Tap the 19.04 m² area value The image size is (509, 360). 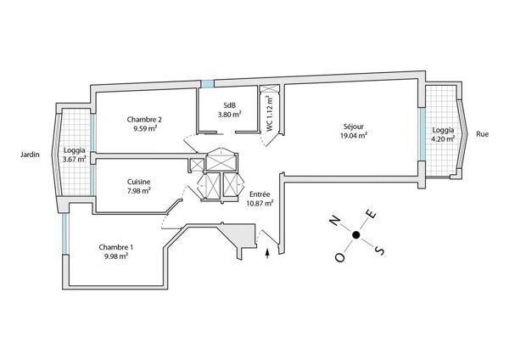[353, 135]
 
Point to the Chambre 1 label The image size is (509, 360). [115, 246]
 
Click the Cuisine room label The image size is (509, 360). [139, 181]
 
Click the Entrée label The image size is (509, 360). [260, 194]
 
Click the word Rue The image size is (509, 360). [483, 134]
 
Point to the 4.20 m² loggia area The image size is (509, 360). [442, 139]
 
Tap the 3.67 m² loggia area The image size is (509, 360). [75, 160]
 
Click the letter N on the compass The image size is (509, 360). [335, 221]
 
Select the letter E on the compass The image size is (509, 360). [369, 213]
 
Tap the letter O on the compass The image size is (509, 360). [341, 257]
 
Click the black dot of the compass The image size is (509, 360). [356, 235]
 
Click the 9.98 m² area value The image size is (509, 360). [115, 256]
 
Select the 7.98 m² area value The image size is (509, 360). [139, 190]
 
